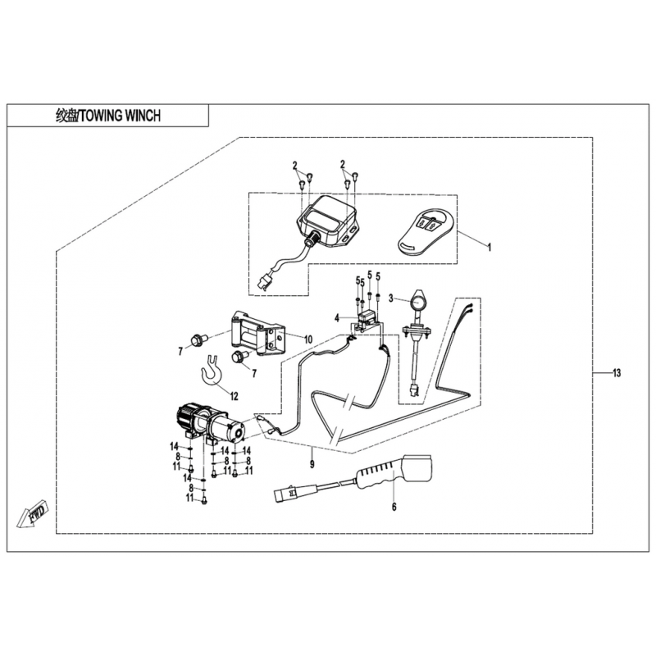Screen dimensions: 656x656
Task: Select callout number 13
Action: pyautogui.click(x=616, y=373)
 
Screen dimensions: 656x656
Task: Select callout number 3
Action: pyautogui.click(x=391, y=298)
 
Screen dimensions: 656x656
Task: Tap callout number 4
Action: pyautogui.click(x=336, y=317)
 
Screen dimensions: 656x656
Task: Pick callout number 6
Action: pyautogui.click(x=394, y=508)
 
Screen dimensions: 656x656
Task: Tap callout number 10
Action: pyautogui.click(x=285, y=339)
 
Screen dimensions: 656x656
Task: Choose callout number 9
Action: pyautogui.click(x=312, y=464)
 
